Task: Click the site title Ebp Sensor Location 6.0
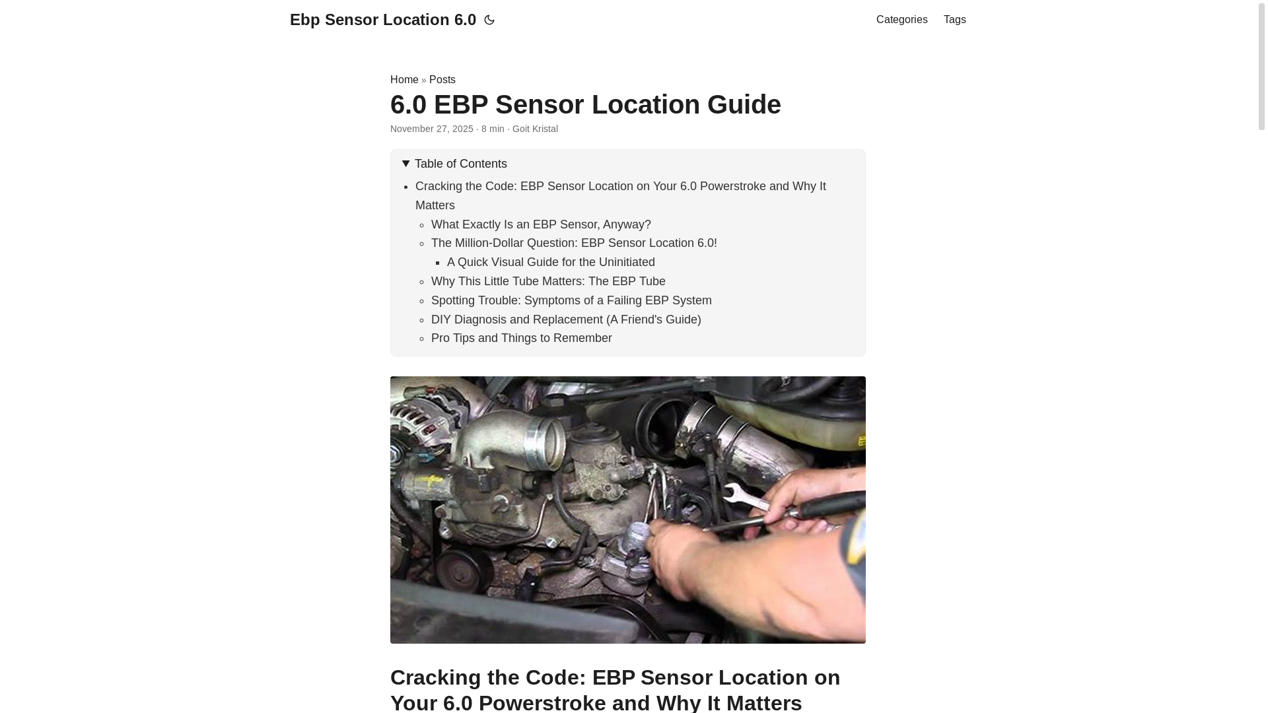(x=382, y=20)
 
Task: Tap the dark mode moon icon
(x=489, y=20)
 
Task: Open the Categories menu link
(x=901, y=20)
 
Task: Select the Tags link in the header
(x=954, y=20)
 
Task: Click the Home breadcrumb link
(x=404, y=80)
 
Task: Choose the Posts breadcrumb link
(x=442, y=80)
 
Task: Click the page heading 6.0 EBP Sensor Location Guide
(x=585, y=104)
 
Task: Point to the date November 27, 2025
(x=431, y=129)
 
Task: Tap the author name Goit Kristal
(x=535, y=129)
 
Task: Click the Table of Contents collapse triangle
(x=405, y=164)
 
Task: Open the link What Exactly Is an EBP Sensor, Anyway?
(x=541, y=224)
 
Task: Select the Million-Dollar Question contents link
(x=574, y=243)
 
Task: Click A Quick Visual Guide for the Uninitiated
(x=551, y=262)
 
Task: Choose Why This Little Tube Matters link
(x=548, y=281)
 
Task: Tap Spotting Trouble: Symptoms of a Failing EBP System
(x=571, y=300)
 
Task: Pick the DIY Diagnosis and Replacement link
(x=566, y=320)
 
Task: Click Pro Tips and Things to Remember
(x=521, y=338)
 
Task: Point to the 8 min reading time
(x=493, y=129)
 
